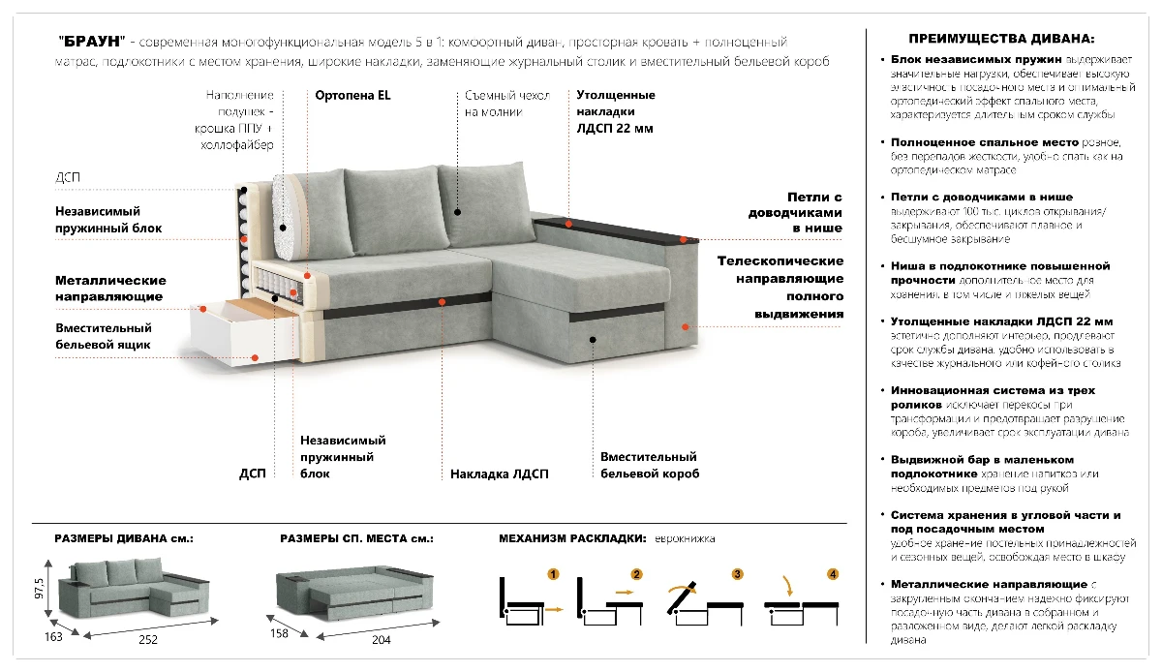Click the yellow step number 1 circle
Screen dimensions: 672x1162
[553, 574]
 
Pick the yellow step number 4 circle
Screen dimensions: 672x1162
[833, 574]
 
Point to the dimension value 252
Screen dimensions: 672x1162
[148, 640]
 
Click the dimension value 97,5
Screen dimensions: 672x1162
[40, 589]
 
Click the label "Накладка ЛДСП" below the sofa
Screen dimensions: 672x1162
[499, 474]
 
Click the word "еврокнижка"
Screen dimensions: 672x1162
[684, 538]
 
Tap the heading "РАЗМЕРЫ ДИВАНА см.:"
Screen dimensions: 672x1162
[123, 538]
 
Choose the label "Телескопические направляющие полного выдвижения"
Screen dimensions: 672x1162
[780, 288]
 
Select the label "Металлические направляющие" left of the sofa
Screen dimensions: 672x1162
[108, 288]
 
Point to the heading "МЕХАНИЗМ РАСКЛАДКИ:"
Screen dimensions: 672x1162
[571, 538]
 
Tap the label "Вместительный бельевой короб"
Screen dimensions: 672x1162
[649, 466]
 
